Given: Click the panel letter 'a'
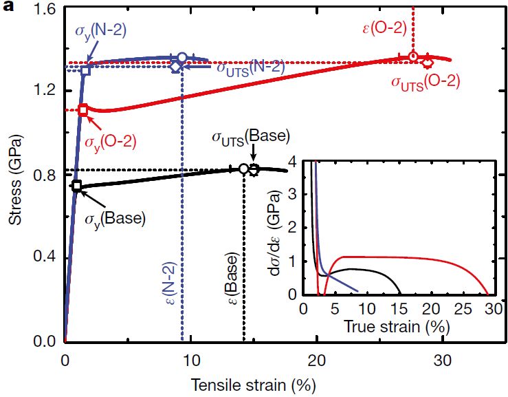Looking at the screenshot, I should (9, 9).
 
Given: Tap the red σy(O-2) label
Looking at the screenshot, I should (110, 142).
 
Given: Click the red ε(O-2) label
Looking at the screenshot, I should (383, 28).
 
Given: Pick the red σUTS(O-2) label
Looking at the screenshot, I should (426, 82).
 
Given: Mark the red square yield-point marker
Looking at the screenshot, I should (83, 109).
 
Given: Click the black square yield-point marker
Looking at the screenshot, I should (76, 186).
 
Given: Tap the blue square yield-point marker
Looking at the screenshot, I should (86, 70).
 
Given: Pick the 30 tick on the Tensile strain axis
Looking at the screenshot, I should (441, 360).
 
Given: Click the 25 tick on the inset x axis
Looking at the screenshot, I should (460, 308).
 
